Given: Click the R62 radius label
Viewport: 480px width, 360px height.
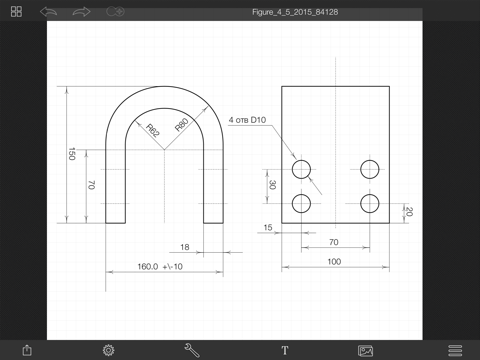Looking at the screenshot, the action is point(153,130).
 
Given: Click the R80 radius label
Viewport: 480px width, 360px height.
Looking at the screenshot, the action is point(182,125).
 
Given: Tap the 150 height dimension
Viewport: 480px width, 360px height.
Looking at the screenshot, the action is point(72,154).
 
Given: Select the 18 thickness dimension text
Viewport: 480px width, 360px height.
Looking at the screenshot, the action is point(185,247).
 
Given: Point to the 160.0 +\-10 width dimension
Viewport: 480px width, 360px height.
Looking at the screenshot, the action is point(160,266).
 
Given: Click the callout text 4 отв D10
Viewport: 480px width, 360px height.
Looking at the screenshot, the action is point(247,120).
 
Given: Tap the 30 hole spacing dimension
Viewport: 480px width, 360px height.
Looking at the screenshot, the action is point(272,185).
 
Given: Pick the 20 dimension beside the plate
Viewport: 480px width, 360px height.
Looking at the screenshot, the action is point(409,211).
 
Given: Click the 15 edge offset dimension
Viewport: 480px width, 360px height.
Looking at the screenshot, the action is point(268,227).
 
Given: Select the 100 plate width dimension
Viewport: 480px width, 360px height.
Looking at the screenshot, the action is point(334,262).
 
